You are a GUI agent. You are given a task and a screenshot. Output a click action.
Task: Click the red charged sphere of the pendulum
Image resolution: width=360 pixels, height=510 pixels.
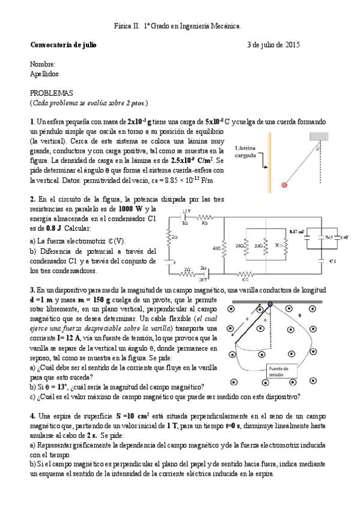pyautogui.click(x=284, y=185)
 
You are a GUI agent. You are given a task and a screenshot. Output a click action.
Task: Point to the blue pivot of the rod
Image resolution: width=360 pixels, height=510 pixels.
pyautogui.click(x=270, y=304)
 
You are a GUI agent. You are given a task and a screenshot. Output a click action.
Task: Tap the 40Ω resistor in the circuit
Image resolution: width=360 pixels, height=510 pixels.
pyautogui.click(x=224, y=246)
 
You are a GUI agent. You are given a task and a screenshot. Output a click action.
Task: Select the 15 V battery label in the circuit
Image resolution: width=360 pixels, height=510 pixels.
pyautogui.click(x=186, y=210)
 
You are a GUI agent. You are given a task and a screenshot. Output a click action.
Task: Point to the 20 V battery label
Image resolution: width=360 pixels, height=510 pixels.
pyautogui.click(x=204, y=280)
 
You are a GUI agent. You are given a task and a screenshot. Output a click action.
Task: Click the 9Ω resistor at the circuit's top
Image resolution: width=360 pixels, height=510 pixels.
pyautogui.click(x=206, y=217)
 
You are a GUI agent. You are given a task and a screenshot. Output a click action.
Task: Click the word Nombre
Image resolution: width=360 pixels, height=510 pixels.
pyautogui.click(x=43, y=64)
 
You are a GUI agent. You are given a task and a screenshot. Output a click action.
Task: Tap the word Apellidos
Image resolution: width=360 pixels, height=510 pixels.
pyautogui.click(x=45, y=73)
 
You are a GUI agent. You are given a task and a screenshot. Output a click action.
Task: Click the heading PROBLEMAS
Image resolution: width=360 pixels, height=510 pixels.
pyautogui.click(x=51, y=93)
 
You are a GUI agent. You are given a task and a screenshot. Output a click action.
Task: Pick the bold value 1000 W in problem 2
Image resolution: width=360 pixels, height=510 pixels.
pyautogui.click(x=130, y=209)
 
